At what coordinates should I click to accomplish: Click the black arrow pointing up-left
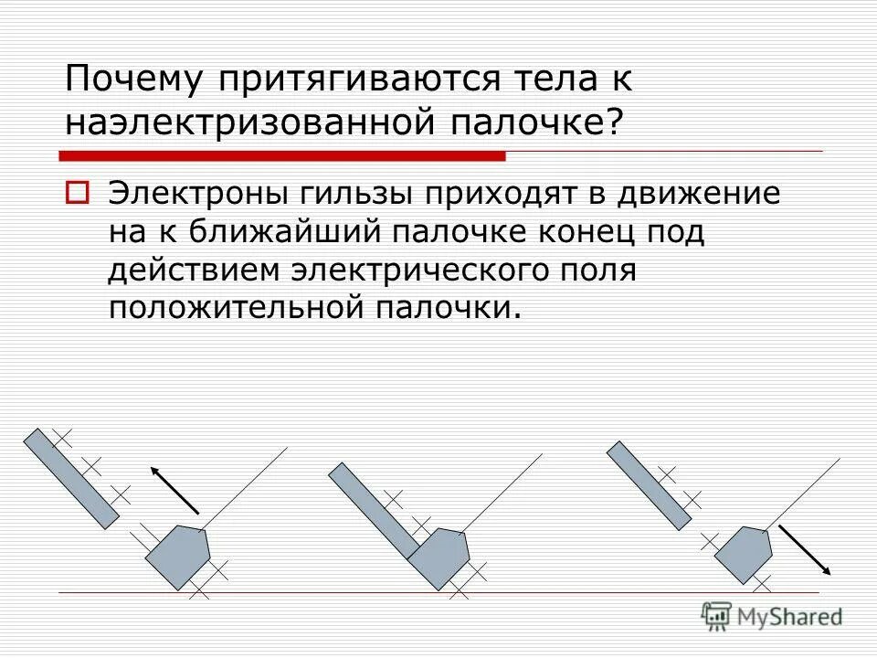tap(174, 490)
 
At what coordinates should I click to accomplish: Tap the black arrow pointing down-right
tap(804, 549)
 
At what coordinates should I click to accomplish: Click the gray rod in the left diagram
tap(71, 478)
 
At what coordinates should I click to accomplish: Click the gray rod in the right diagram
tap(649, 484)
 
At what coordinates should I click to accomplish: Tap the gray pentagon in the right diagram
tap(745, 554)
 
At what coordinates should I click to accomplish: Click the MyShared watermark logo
tap(772, 616)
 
